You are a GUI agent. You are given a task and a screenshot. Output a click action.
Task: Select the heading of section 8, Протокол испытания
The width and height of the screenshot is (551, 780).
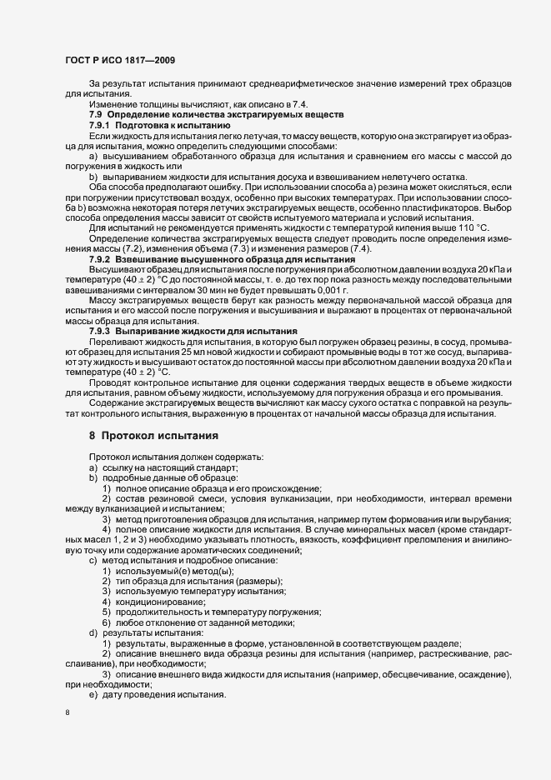(x=153, y=435)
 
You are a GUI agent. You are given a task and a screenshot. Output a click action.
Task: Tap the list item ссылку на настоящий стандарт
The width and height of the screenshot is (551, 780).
(x=155, y=469)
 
